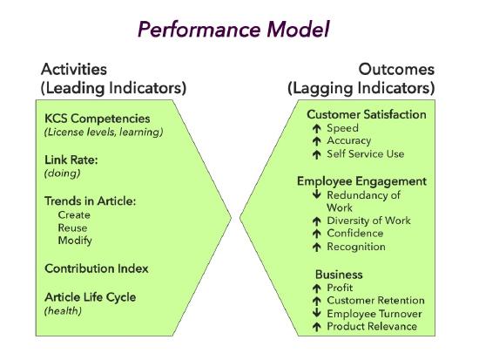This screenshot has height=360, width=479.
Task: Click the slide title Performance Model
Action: point(233,30)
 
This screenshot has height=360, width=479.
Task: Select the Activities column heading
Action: point(73,70)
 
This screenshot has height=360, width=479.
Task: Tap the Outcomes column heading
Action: point(396,70)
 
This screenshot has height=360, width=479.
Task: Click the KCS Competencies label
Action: point(98,118)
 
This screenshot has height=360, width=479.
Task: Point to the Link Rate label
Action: point(71,160)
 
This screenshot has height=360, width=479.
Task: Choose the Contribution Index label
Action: point(97,268)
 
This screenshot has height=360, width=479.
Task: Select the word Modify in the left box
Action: point(75,240)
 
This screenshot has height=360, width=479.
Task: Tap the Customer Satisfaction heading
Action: point(366,114)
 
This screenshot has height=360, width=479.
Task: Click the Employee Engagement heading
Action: point(361,181)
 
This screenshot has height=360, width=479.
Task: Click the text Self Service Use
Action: point(366,154)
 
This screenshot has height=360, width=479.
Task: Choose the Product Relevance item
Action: point(372,327)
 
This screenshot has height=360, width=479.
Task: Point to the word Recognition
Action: point(356,247)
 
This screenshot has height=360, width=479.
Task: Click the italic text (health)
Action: point(63,310)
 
